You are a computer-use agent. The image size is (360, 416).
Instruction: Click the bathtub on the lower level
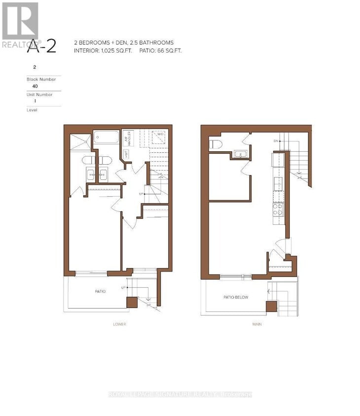click(107, 137)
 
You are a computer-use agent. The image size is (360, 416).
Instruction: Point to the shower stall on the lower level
click(80, 141)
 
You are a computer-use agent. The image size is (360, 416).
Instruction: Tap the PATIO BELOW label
click(236, 297)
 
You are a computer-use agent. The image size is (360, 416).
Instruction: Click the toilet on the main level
click(216, 144)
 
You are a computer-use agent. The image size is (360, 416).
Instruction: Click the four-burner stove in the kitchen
click(278, 210)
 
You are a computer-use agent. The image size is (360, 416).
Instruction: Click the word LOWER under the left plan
click(119, 324)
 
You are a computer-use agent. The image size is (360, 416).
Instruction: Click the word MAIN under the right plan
click(256, 324)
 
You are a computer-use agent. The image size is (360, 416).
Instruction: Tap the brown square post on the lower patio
click(132, 302)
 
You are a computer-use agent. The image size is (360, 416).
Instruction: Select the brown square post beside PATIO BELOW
click(271, 307)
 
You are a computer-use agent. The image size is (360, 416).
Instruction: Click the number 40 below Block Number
click(35, 85)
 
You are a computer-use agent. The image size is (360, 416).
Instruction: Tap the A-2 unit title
click(41, 46)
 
